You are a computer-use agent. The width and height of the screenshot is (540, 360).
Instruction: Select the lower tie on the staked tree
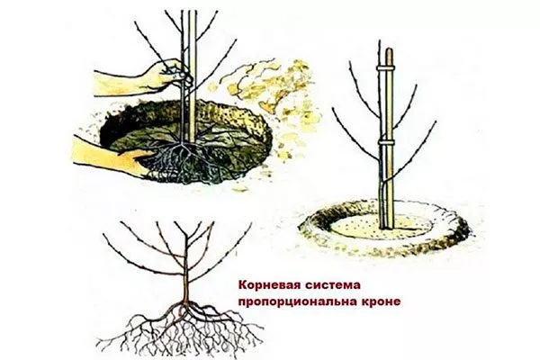(x=384, y=141)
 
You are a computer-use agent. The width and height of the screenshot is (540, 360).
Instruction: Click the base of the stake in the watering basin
(x=388, y=224)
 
